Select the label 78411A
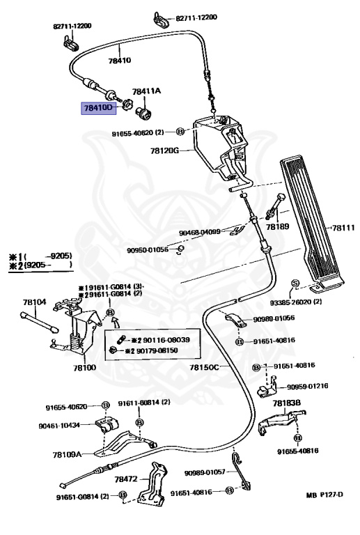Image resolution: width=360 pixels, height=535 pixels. pos(146,91)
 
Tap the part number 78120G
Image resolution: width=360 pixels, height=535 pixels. pos(164,150)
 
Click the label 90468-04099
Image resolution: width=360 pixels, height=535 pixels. pos(200,232)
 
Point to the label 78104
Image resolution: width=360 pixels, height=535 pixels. pos(34,302)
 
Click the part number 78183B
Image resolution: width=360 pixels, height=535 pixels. pos(286,403)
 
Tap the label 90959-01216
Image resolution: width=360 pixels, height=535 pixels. pos(313,386)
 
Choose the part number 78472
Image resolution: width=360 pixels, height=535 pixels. pos(126,479)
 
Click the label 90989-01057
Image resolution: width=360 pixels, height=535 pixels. pos(205,472)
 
